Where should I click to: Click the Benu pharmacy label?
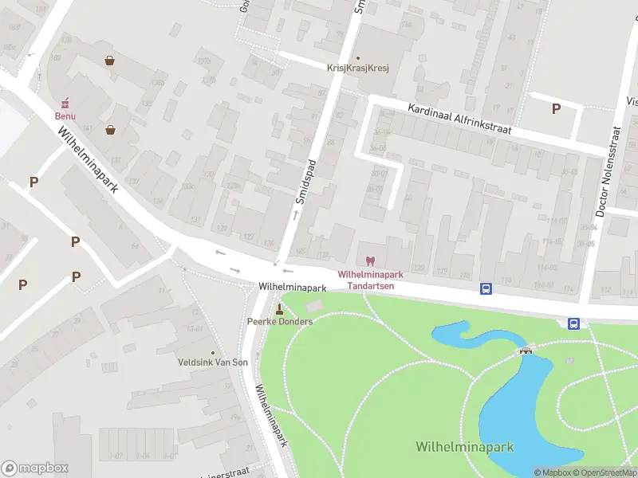click(65, 116)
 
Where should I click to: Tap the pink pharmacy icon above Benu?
click(65, 103)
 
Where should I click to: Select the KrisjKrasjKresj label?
click(357, 69)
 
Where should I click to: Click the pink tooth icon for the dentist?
click(369, 261)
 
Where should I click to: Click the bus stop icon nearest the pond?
click(573, 323)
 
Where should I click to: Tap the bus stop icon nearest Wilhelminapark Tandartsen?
click(485, 288)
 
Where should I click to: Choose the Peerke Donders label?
click(279, 321)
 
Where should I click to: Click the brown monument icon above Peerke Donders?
click(279, 309)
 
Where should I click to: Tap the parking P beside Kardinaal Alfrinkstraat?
click(556, 108)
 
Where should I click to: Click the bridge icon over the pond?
click(526, 350)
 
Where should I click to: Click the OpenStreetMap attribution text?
click(603, 472)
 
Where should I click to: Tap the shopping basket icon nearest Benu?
click(110, 129)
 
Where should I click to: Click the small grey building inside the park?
click(315, 306)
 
